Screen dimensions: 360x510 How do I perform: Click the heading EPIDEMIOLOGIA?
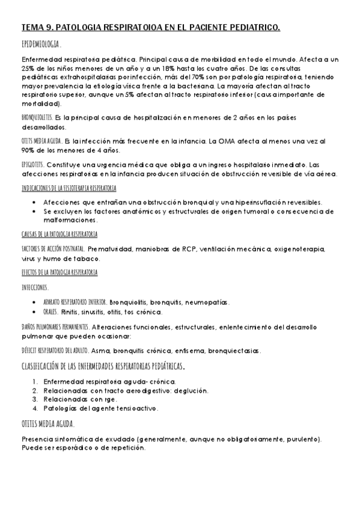click(x=41, y=45)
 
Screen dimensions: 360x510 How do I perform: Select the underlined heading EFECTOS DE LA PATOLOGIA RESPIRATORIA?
click(x=59, y=272)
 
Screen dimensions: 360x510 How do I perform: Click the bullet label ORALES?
click(x=50, y=312)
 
